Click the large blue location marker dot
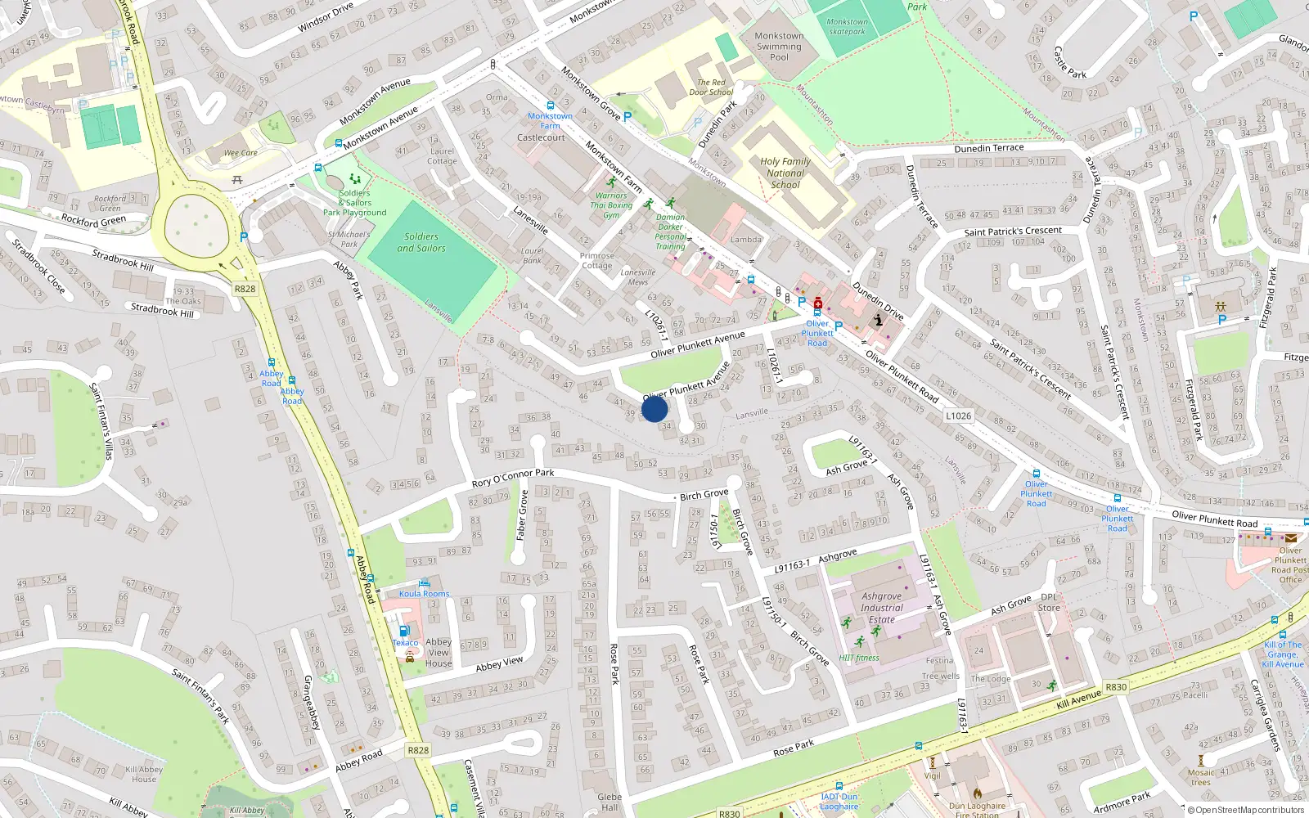click(x=654, y=409)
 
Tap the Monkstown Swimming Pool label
click(x=779, y=47)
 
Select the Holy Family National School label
click(x=785, y=173)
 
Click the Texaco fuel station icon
click(x=403, y=631)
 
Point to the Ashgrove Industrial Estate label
click(x=882, y=608)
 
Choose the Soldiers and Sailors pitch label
click(x=421, y=242)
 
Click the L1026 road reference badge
click(x=958, y=416)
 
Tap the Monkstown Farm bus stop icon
click(x=550, y=106)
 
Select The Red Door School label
click(x=711, y=88)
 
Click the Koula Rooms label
click(x=425, y=594)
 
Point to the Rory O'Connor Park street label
click(x=513, y=478)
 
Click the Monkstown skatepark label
click(x=847, y=27)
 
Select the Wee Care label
click(x=241, y=153)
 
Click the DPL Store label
click(x=1049, y=602)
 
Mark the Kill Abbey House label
click(x=144, y=774)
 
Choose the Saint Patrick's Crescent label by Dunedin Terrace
click(x=1013, y=231)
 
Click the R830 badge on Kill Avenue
click(x=1116, y=687)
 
